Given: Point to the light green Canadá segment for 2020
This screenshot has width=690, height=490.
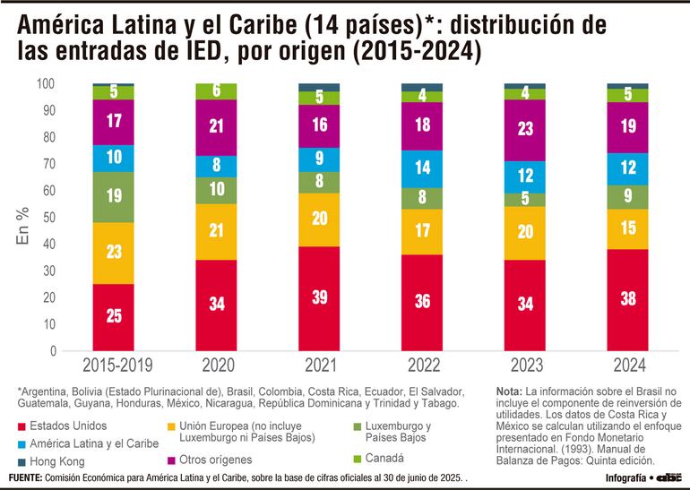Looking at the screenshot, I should click(x=216, y=90).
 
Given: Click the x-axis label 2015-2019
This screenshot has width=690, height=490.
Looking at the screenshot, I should click(x=114, y=365).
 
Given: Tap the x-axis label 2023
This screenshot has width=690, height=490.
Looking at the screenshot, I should click(x=525, y=365).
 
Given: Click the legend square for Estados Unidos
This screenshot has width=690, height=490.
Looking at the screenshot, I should click(x=22, y=426).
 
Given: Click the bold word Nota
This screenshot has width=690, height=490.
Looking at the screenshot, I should click(x=510, y=392).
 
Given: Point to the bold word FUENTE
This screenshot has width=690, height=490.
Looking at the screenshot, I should click(x=26, y=477).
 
